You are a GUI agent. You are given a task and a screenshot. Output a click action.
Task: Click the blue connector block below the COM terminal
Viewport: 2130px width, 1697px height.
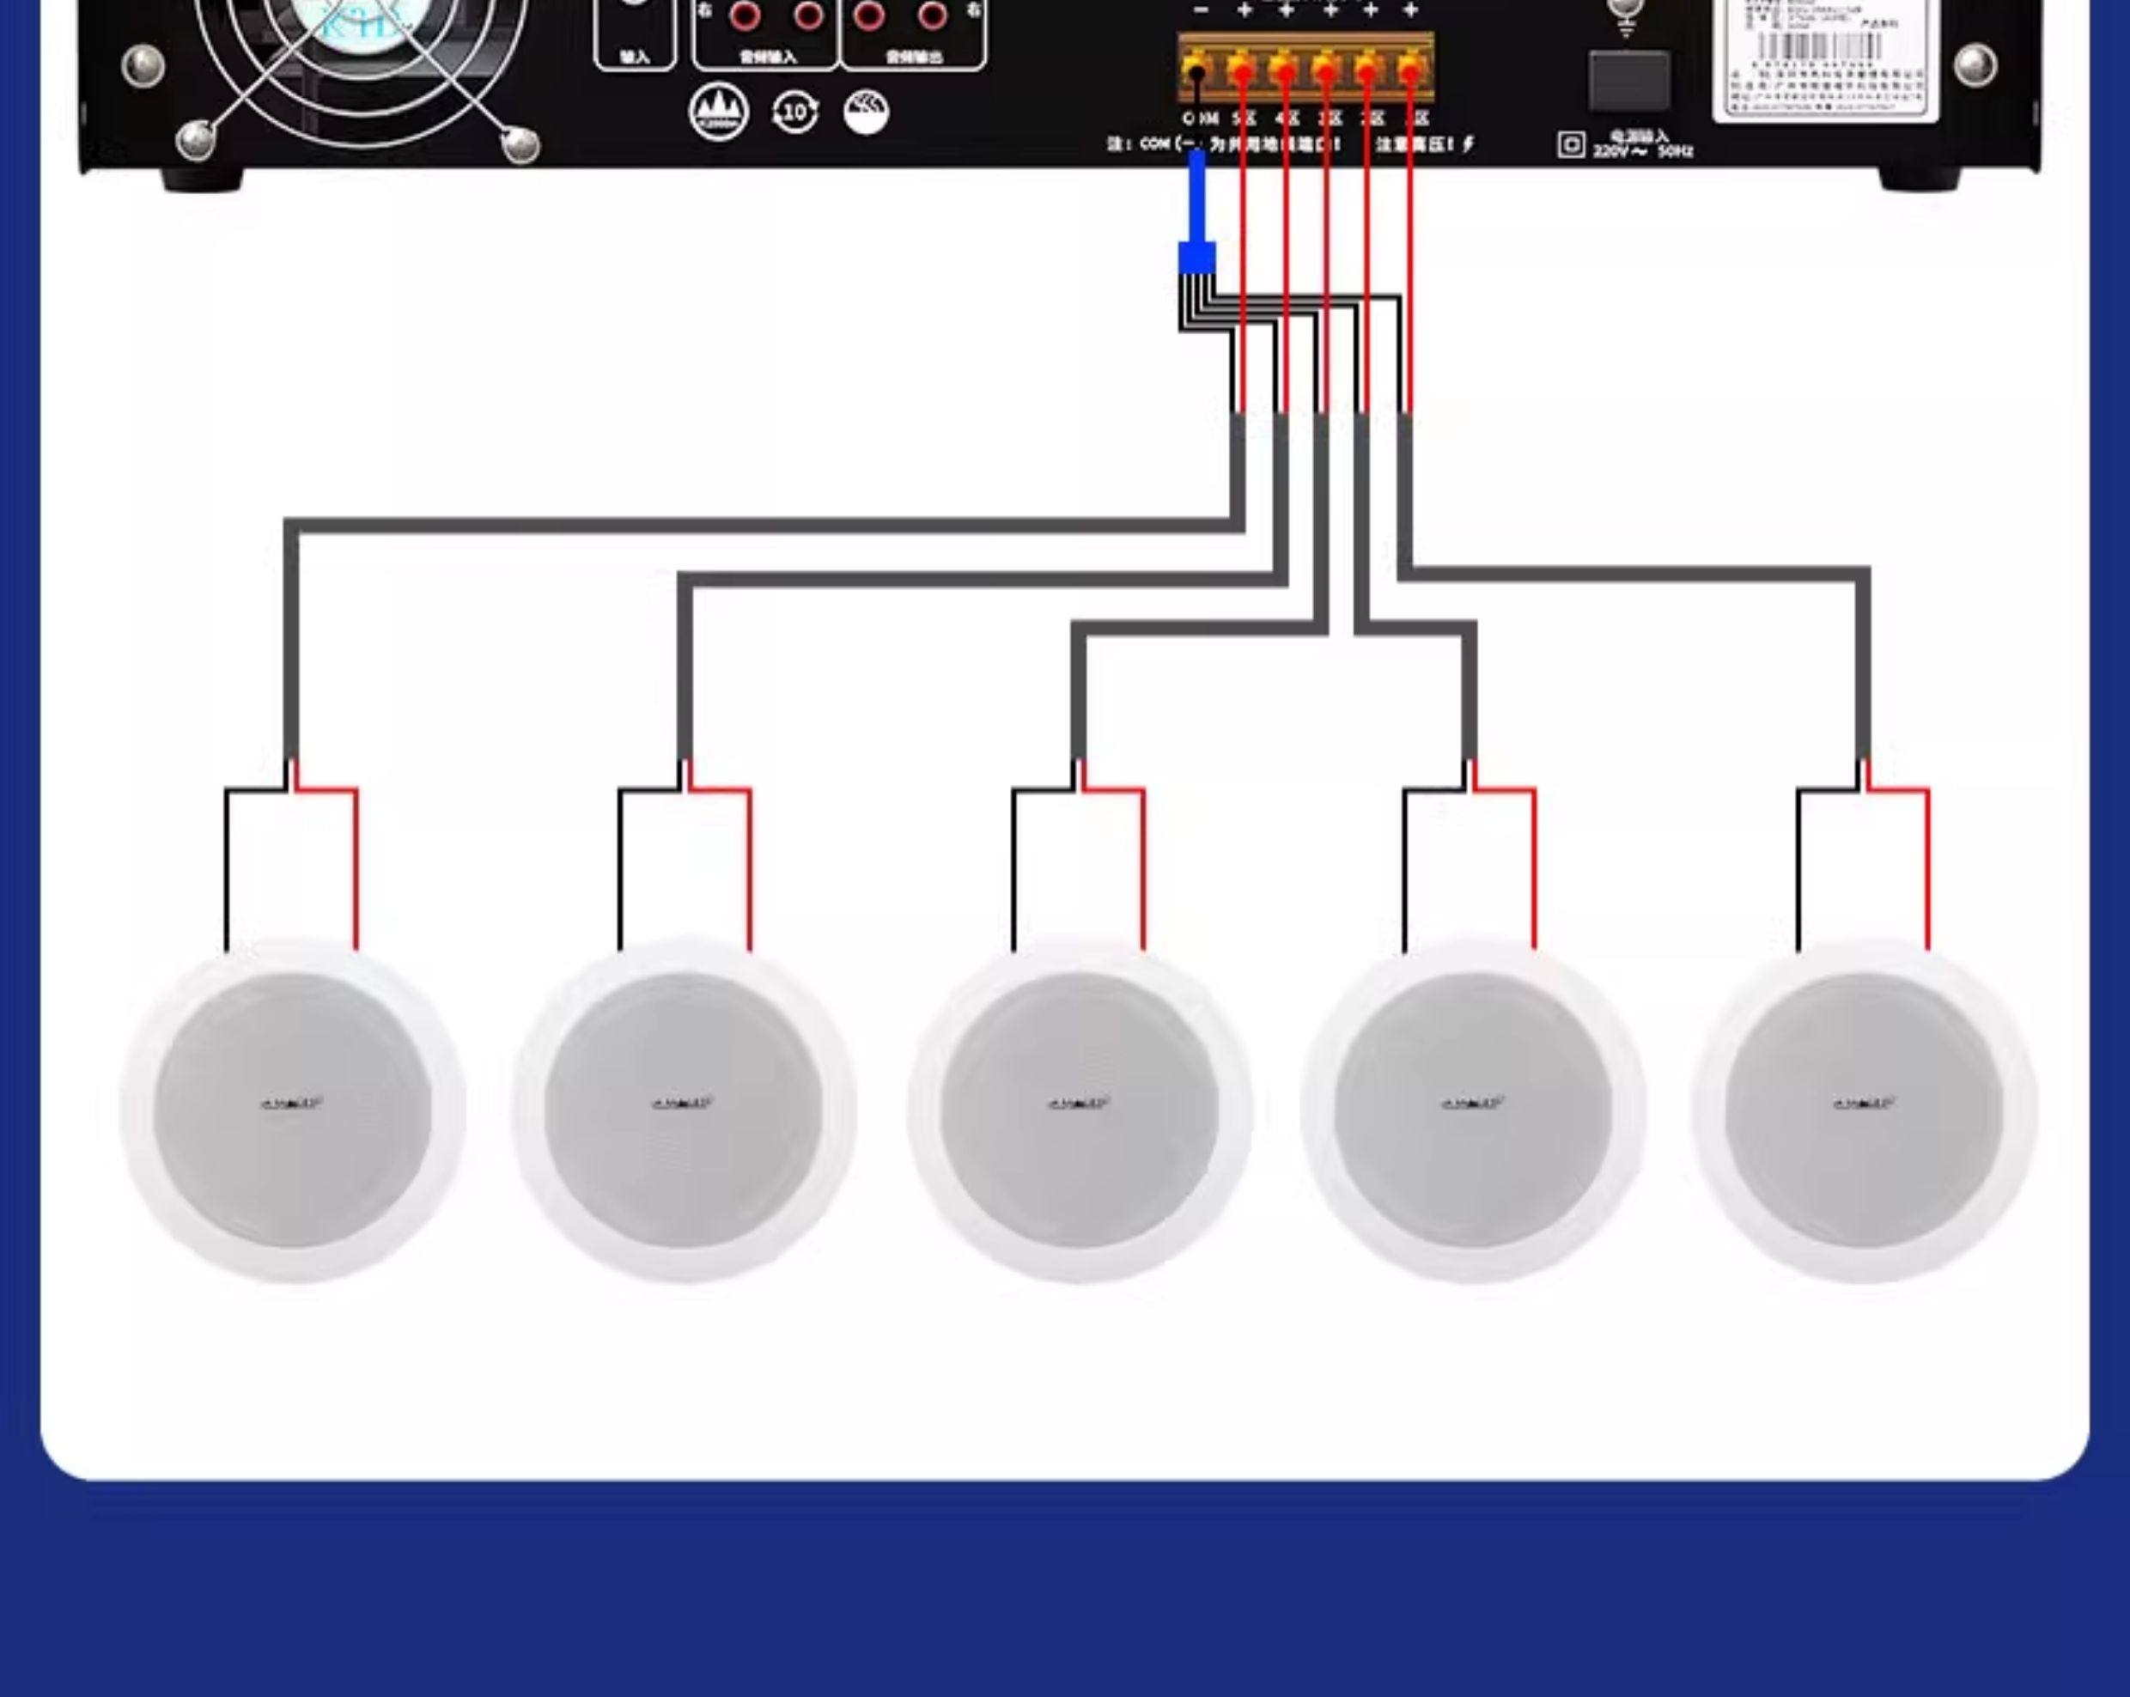(1196, 258)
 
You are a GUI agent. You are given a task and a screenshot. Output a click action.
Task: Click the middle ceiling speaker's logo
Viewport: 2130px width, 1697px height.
(1078, 1103)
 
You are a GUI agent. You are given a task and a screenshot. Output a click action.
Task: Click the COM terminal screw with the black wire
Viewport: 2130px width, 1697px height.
(1197, 72)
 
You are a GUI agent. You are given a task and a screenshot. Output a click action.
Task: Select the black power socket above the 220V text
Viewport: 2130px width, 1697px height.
(1629, 81)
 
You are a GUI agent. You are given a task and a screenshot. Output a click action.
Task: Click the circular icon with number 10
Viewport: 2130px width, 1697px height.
(794, 112)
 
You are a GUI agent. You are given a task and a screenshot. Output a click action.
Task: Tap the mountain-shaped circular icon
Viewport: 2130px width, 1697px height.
(718, 112)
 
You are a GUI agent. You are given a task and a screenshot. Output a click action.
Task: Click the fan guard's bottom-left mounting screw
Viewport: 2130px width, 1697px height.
(196, 139)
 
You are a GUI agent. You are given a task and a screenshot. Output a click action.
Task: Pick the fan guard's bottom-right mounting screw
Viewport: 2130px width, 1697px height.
(520, 144)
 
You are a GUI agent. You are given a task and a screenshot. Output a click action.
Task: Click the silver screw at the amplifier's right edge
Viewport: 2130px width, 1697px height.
(1975, 65)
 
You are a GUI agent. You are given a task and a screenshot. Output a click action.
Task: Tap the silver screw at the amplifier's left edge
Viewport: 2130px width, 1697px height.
(143, 65)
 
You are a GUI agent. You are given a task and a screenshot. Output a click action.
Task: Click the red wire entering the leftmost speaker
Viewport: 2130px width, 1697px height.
(356, 869)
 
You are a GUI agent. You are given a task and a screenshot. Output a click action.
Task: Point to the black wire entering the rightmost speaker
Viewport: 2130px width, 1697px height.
(1798, 869)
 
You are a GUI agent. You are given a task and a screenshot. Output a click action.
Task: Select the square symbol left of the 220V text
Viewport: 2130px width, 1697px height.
(1571, 145)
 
